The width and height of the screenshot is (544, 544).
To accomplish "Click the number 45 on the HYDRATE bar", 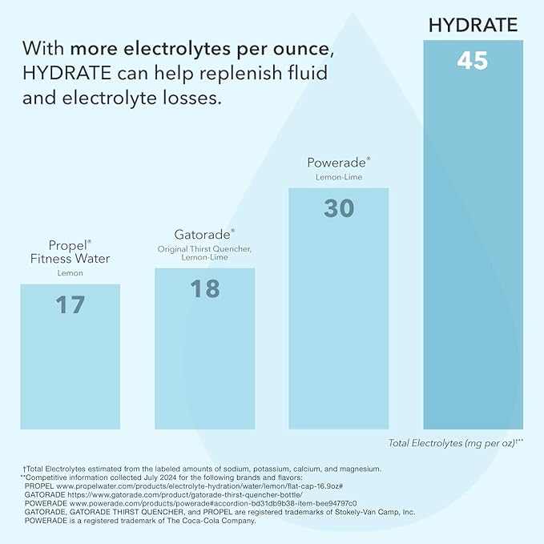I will coord(472,61).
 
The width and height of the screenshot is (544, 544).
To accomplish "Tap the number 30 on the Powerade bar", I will coord(339,208).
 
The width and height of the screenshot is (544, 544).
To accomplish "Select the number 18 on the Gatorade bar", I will coord(204,288).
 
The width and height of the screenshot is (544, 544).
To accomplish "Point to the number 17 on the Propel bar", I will coord(70,304).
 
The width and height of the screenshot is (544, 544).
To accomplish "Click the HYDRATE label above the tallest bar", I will coord(473,25).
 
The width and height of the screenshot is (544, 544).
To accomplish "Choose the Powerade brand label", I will coord(338,163).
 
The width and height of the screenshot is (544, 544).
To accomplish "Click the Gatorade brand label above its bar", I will coord(204,235).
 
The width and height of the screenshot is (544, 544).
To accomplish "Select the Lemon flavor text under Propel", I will coord(71,273).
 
